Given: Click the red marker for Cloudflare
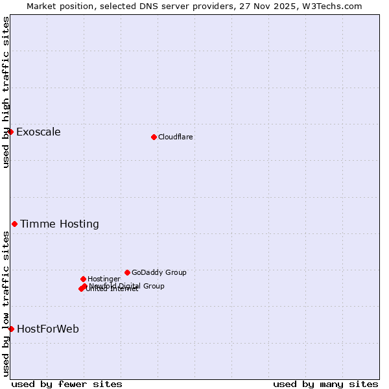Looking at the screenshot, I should (x=154, y=137).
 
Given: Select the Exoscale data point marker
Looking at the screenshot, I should (x=10, y=132).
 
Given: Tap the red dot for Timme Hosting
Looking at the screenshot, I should (x=14, y=224).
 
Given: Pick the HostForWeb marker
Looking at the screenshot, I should (x=11, y=329).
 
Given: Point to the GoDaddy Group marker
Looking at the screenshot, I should (x=127, y=272).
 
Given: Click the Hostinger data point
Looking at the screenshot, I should (x=83, y=279).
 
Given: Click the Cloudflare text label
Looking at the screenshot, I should (x=175, y=137).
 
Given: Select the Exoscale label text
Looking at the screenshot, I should (x=38, y=132).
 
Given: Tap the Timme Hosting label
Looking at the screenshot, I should (x=60, y=224).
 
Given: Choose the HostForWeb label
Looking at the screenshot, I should (x=48, y=329).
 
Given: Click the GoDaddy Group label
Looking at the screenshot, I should (x=159, y=273).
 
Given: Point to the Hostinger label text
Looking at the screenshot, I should (x=104, y=279).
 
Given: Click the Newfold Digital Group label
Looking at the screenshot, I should (x=127, y=286).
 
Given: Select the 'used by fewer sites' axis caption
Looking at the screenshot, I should (x=67, y=384).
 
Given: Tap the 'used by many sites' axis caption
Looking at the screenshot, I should (x=325, y=384).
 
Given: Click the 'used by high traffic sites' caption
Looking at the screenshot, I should (x=6, y=91).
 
